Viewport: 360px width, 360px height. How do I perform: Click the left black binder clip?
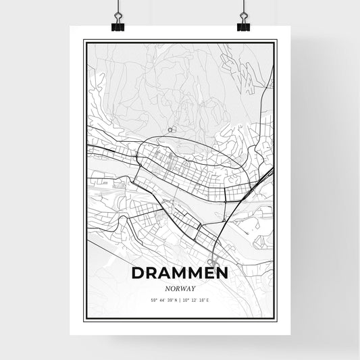coord(117,22)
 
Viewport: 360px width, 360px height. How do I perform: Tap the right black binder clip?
coord(242,22)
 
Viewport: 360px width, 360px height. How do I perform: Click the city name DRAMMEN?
coord(180,274)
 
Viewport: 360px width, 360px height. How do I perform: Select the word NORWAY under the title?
coord(180,288)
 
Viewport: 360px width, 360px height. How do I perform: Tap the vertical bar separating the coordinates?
coord(180,300)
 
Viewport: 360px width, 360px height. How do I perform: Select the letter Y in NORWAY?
coord(193,288)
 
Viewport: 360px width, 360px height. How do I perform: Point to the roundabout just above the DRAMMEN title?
coord(211,261)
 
